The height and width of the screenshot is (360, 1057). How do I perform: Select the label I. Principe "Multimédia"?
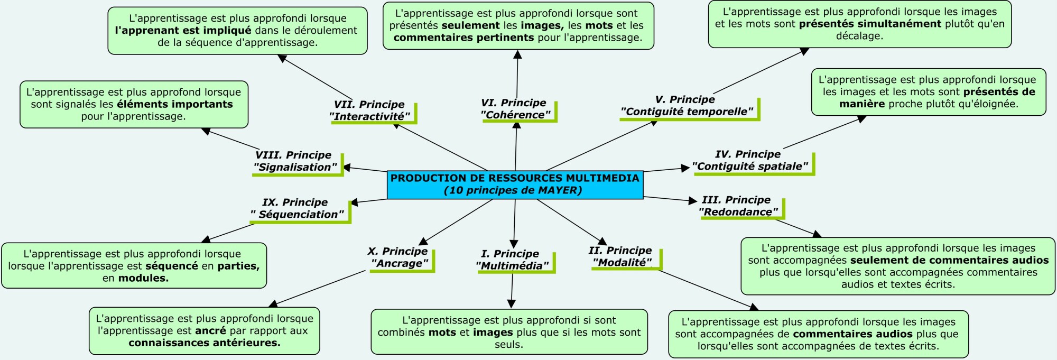coord(512,260)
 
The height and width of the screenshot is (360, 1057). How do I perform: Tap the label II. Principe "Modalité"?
coord(621,256)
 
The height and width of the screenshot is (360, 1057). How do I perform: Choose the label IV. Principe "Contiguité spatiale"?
coord(749,160)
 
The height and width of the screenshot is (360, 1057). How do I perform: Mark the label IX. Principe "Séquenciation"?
coord(296,208)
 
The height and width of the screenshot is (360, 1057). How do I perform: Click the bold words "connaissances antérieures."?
coord(204,343)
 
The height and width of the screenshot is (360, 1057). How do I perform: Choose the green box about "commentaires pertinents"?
coord(518,25)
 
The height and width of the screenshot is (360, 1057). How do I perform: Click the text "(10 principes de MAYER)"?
coord(513,190)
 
